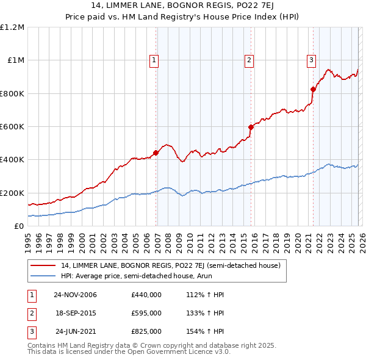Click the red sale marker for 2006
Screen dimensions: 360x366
[x=156, y=153]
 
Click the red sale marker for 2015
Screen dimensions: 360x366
[x=251, y=128]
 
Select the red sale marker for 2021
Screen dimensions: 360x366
[x=313, y=89]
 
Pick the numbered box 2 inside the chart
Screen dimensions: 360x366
[x=249, y=60]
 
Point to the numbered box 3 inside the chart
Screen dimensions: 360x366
[x=311, y=60]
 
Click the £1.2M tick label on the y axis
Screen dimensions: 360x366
[x=12, y=27]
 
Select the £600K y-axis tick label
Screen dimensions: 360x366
[x=12, y=127]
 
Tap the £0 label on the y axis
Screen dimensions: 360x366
[x=20, y=226]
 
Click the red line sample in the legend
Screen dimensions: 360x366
[x=43, y=265]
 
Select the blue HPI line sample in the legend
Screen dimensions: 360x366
[x=43, y=276]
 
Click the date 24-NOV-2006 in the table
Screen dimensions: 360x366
[x=76, y=295]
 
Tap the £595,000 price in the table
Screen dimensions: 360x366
[x=146, y=313]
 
